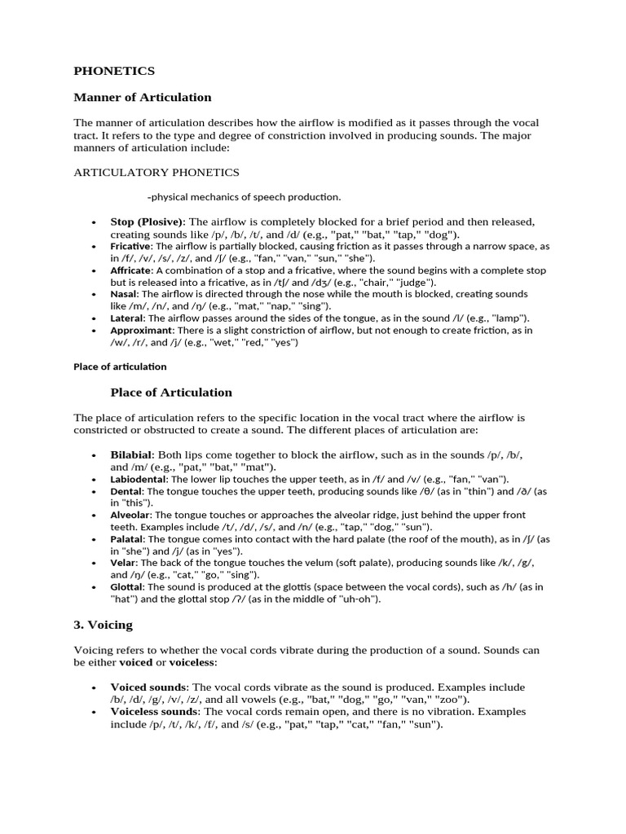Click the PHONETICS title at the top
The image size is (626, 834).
(x=114, y=71)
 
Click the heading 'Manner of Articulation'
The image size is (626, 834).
(x=143, y=98)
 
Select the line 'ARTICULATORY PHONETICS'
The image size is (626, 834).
(x=156, y=173)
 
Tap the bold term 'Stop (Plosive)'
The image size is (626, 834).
(x=148, y=222)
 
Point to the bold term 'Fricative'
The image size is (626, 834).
(x=130, y=246)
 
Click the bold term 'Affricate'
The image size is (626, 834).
(x=131, y=270)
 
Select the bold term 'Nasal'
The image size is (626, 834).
(x=124, y=294)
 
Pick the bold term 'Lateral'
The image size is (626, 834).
(x=127, y=318)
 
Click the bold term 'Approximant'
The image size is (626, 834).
(x=141, y=331)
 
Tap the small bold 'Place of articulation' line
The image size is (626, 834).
(x=120, y=367)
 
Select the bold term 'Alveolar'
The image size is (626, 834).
(x=130, y=516)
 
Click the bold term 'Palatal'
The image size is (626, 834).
(x=127, y=539)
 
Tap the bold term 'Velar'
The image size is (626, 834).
(x=123, y=563)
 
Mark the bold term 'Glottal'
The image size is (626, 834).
(x=127, y=586)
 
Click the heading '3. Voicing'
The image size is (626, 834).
(x=103, y=625)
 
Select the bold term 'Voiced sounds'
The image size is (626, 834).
(x=148, y=687)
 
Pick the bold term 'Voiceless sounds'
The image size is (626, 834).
(x=154, y=712)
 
